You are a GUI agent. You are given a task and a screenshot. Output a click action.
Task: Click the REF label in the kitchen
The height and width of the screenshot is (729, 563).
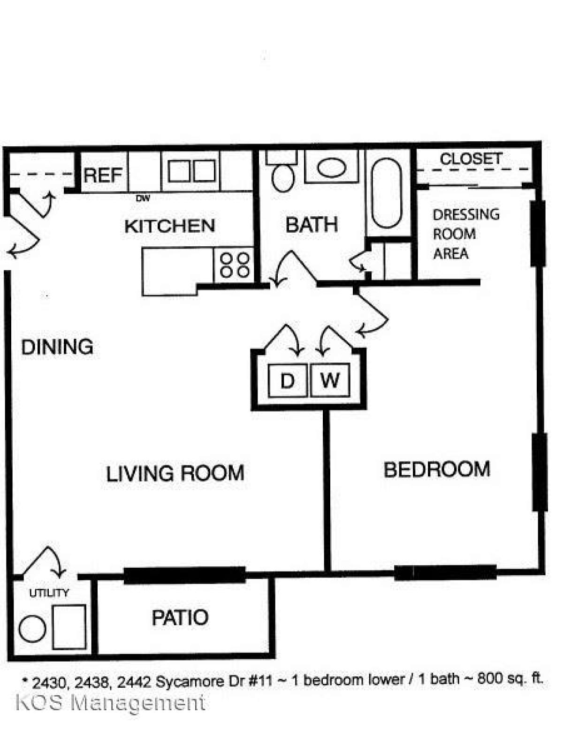(103, 175)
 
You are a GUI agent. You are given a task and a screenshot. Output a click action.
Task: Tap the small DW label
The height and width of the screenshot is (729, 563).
(143, 198)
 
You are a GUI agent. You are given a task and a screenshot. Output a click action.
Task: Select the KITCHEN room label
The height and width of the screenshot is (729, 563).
(169, 226)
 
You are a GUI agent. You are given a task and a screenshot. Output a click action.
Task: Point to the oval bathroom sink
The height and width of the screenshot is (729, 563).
(332, 167)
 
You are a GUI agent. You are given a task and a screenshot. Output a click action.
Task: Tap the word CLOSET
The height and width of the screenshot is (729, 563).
(471, 159)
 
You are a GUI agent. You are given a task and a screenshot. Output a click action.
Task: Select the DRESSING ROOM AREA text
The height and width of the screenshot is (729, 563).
(465, 234)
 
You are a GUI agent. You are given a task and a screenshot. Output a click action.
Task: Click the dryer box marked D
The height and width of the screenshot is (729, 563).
(287, 380)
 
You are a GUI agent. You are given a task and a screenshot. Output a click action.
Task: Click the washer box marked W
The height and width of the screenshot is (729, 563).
(330, 380)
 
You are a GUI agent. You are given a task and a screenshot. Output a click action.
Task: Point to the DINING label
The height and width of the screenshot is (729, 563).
(57, 347)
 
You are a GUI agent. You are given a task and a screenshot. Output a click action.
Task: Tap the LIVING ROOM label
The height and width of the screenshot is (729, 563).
(175, 473)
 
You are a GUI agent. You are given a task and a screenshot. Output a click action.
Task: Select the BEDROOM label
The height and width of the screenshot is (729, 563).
(437, 470)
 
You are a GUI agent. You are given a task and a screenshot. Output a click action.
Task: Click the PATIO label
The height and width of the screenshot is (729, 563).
(180, 617)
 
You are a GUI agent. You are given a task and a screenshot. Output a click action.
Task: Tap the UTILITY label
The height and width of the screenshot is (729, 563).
(49, 593)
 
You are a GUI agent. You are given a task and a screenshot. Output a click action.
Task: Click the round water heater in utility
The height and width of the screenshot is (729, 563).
(32, 629)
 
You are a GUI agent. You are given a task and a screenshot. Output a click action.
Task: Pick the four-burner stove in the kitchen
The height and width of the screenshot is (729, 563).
(234, 265)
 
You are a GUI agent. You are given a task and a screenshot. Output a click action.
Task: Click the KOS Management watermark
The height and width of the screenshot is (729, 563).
(110, 703)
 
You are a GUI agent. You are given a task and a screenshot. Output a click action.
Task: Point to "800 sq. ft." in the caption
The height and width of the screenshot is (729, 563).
(510, 679)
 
